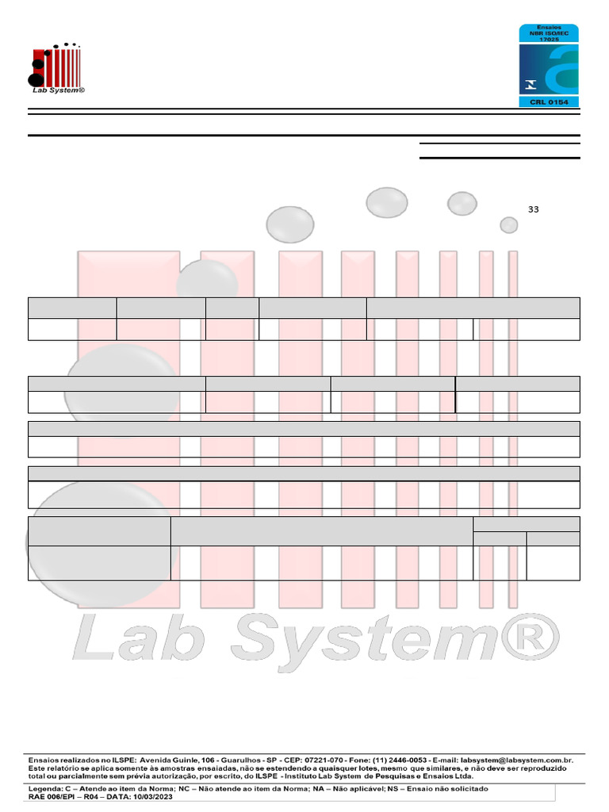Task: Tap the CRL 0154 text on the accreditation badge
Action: coord(549,102)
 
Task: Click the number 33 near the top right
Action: coord(533,209)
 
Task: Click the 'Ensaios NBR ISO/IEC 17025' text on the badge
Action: coord(549,33)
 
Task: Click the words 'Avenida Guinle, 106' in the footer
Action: coord(167,760)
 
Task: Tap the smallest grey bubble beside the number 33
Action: coord(509,225)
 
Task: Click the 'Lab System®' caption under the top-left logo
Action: coord(57,90)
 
